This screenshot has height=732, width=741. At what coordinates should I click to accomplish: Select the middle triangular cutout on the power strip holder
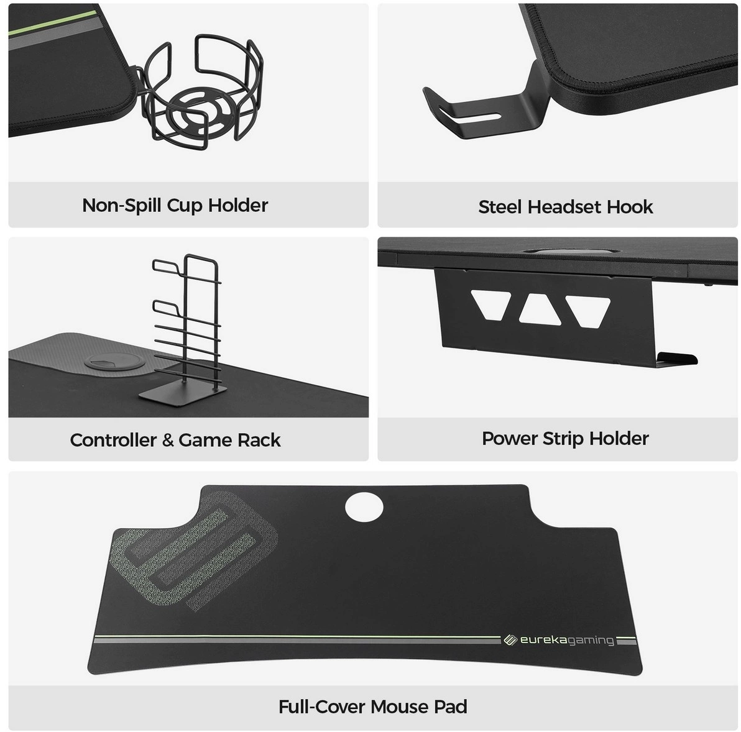[539, 310]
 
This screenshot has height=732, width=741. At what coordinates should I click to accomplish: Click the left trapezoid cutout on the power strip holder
[491, 304]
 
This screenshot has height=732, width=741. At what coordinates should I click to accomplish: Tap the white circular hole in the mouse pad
[364, 506]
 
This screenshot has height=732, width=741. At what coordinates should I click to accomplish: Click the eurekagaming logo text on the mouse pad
[566, 641]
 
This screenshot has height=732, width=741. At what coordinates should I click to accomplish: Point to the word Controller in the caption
[113, 440]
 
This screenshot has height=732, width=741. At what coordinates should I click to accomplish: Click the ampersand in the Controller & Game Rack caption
[168, 441]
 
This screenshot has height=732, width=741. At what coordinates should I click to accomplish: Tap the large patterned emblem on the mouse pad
[195, 551]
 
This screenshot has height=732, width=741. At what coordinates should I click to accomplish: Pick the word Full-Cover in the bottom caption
[322, 707]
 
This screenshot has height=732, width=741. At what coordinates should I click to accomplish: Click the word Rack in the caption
[259, 440]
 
